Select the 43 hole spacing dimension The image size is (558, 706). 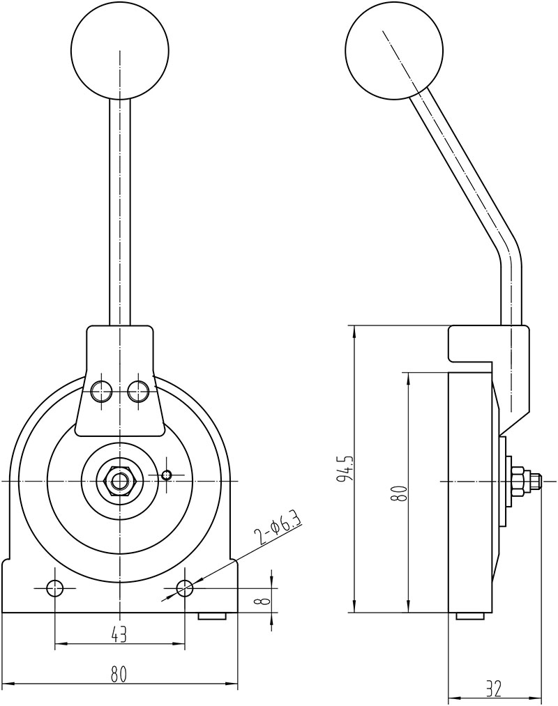point(119,634)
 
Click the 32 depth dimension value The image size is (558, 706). point(493,689)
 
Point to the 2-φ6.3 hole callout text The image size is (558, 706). point(278,528)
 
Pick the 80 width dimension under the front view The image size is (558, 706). point(119,674)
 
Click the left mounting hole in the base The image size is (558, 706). point(55,588)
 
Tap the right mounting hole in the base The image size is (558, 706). point(185,588)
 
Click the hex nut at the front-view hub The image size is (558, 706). point(121,481)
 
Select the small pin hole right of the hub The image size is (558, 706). point(166,475)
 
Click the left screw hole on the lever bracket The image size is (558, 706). point(102,391)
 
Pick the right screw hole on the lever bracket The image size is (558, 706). point(139,391)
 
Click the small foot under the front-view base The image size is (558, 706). point(212,616)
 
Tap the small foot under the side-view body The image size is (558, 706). point(471,616)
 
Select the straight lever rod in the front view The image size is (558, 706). point(120,209)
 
